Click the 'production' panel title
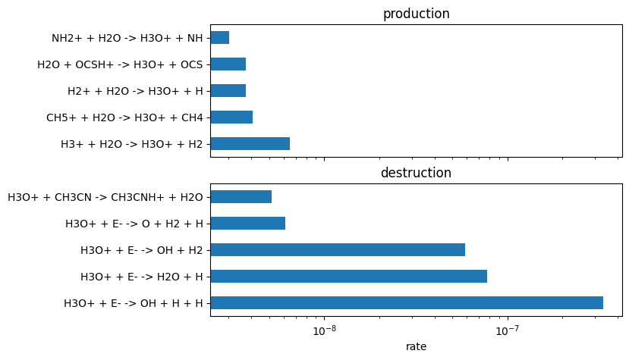[x=416, y=14]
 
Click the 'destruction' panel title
[x=416, y=173]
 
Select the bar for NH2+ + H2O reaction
[x=219, y=38]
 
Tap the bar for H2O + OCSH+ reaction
[x=228, y=64]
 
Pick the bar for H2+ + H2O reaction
[x=228, y=91]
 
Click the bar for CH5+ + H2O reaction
[x=231, y=117]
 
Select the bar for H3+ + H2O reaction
[x=250, y=144]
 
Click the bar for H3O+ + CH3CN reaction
[x=241, y=197]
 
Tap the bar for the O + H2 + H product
[x=247, y=224]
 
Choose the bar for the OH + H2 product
[x=338, y=250]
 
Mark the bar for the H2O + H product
[x=348, y=277]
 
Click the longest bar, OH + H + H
[x=407, y=303]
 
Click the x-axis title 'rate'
[x=416, y=346]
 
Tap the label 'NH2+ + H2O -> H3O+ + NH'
[x=127, y=38]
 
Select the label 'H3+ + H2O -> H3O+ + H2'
[x=132, y=144]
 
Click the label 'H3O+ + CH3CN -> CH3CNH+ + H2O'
[x=105, y=197]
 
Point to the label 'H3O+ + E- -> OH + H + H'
[x=134, y=303]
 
